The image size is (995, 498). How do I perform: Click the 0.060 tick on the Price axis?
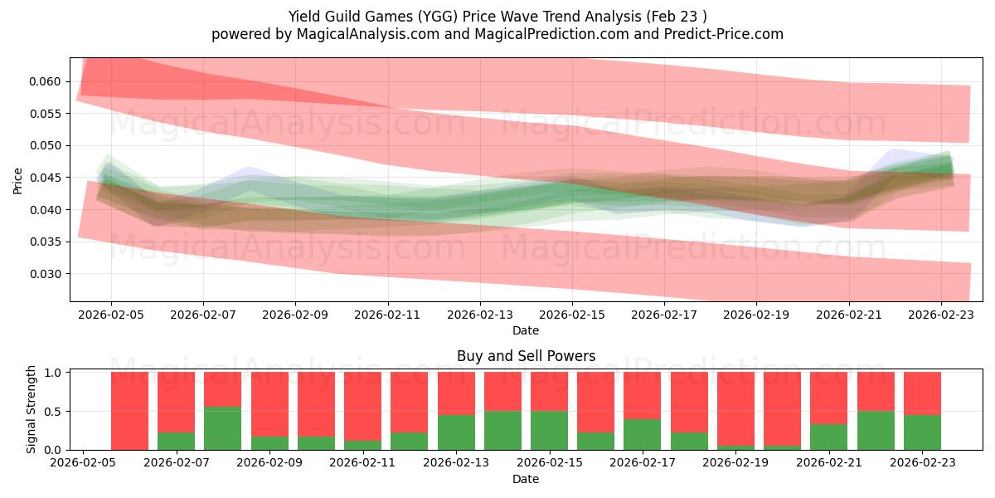(46, 81)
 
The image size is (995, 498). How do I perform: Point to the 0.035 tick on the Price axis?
(46, 242)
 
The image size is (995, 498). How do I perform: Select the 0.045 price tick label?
(46, 178)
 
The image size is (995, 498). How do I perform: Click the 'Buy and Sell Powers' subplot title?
(526, 356)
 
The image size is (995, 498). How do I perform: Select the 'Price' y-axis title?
(19, 179)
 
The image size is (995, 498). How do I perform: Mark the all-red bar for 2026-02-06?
(129, 411)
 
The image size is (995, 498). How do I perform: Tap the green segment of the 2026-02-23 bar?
(922, 432)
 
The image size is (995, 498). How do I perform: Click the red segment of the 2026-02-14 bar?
(502, 392)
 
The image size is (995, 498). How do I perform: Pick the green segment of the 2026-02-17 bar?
(642, 434)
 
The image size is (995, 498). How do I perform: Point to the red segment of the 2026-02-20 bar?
(782, 408)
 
